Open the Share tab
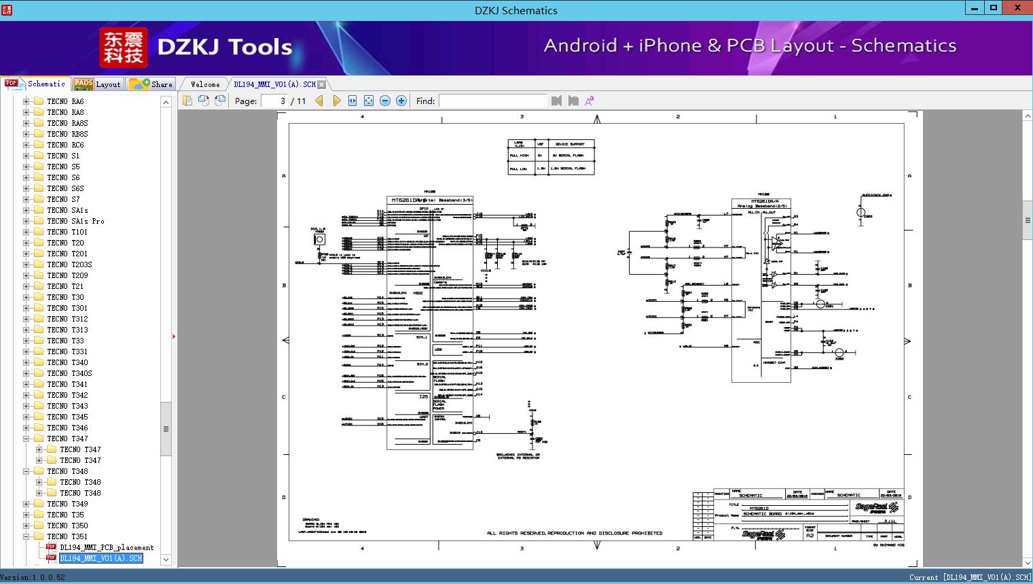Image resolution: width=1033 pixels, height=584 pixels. [x=151, y=84]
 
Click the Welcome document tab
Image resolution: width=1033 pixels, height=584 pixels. [x=205, y=84]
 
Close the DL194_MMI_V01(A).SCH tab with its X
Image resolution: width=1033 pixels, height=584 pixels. [x=322, y=84]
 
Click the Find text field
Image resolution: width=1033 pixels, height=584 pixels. [x=492, y=101]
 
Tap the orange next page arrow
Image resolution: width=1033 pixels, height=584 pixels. [x=337, y=101]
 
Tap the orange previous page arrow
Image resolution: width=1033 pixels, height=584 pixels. [x=319, y=101]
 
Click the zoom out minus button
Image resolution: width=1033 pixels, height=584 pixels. [x=385, y=101]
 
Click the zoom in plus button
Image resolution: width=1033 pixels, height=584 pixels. [x=401, y=101]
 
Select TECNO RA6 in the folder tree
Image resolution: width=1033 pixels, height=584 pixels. [x=65, y=101]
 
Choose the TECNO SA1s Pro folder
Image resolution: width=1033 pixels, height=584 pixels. [x=75, y=221]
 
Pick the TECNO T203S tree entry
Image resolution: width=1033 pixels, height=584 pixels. [x=69, y=264]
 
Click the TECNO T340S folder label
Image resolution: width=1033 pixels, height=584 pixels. [x=69, y=373]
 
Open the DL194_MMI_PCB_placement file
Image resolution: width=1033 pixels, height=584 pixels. [x=107, y=547]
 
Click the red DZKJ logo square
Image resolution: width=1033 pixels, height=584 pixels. [x=123, y=48]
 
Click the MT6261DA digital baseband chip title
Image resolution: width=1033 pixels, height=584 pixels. [x=430, y=201]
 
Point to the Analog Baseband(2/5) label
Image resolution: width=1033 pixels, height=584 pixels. [x=761, y=206]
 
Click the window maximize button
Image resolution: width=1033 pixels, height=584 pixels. [x=994, y=8]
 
